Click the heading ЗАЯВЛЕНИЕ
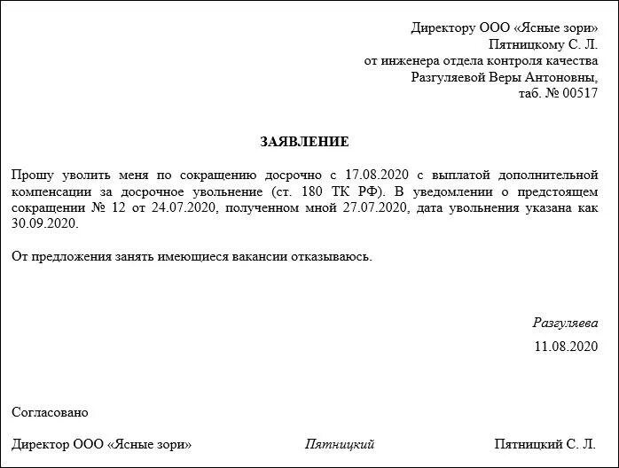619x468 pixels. click(x=304, y=142)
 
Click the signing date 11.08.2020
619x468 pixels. click(x=566, y=346)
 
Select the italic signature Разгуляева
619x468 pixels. click(x=565, y=324)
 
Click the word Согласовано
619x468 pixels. click(x=51, y=412)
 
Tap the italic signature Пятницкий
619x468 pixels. click(x=340, y=444)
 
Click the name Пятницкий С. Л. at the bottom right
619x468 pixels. click(x=545, y=444)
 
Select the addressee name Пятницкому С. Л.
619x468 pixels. click(x=543, y=44)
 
